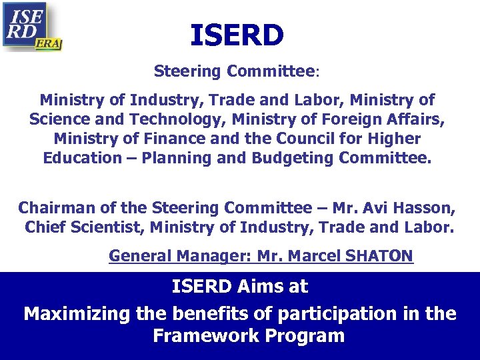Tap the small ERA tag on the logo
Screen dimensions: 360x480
pyautogui.click(x=49, y=43)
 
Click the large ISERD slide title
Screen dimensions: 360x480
pyautogui.click(x=237, y=35)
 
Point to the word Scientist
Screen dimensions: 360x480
pyautogui.click(x=107, y=227)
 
